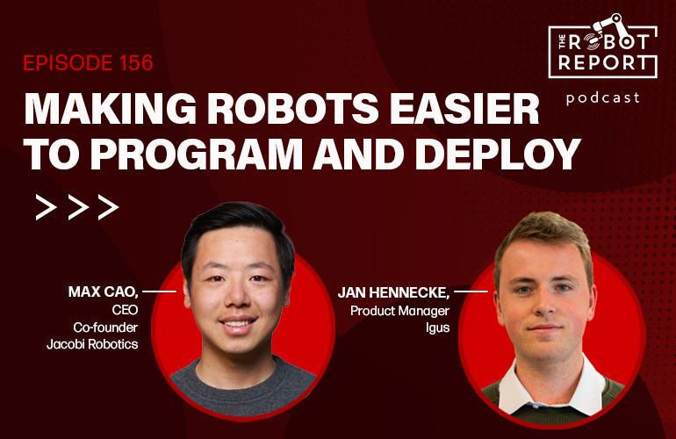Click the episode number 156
tap(136, 63)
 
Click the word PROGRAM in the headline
tap(197, 154)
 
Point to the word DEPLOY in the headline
tap(498, 154)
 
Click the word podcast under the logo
tap(603, 98)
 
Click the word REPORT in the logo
tap(603, 63)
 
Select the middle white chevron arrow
tap(78, 207)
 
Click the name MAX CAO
tap(103, 292)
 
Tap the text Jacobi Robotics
tap(92, 344)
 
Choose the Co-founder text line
tap(105, 327)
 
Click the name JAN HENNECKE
tap(393, 292)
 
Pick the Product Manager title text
tap(399, 311)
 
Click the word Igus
tap(437, 328)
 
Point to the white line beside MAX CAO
tap(159, 291)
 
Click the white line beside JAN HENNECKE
tap(471, 291)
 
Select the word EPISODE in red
tap(69, 63)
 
